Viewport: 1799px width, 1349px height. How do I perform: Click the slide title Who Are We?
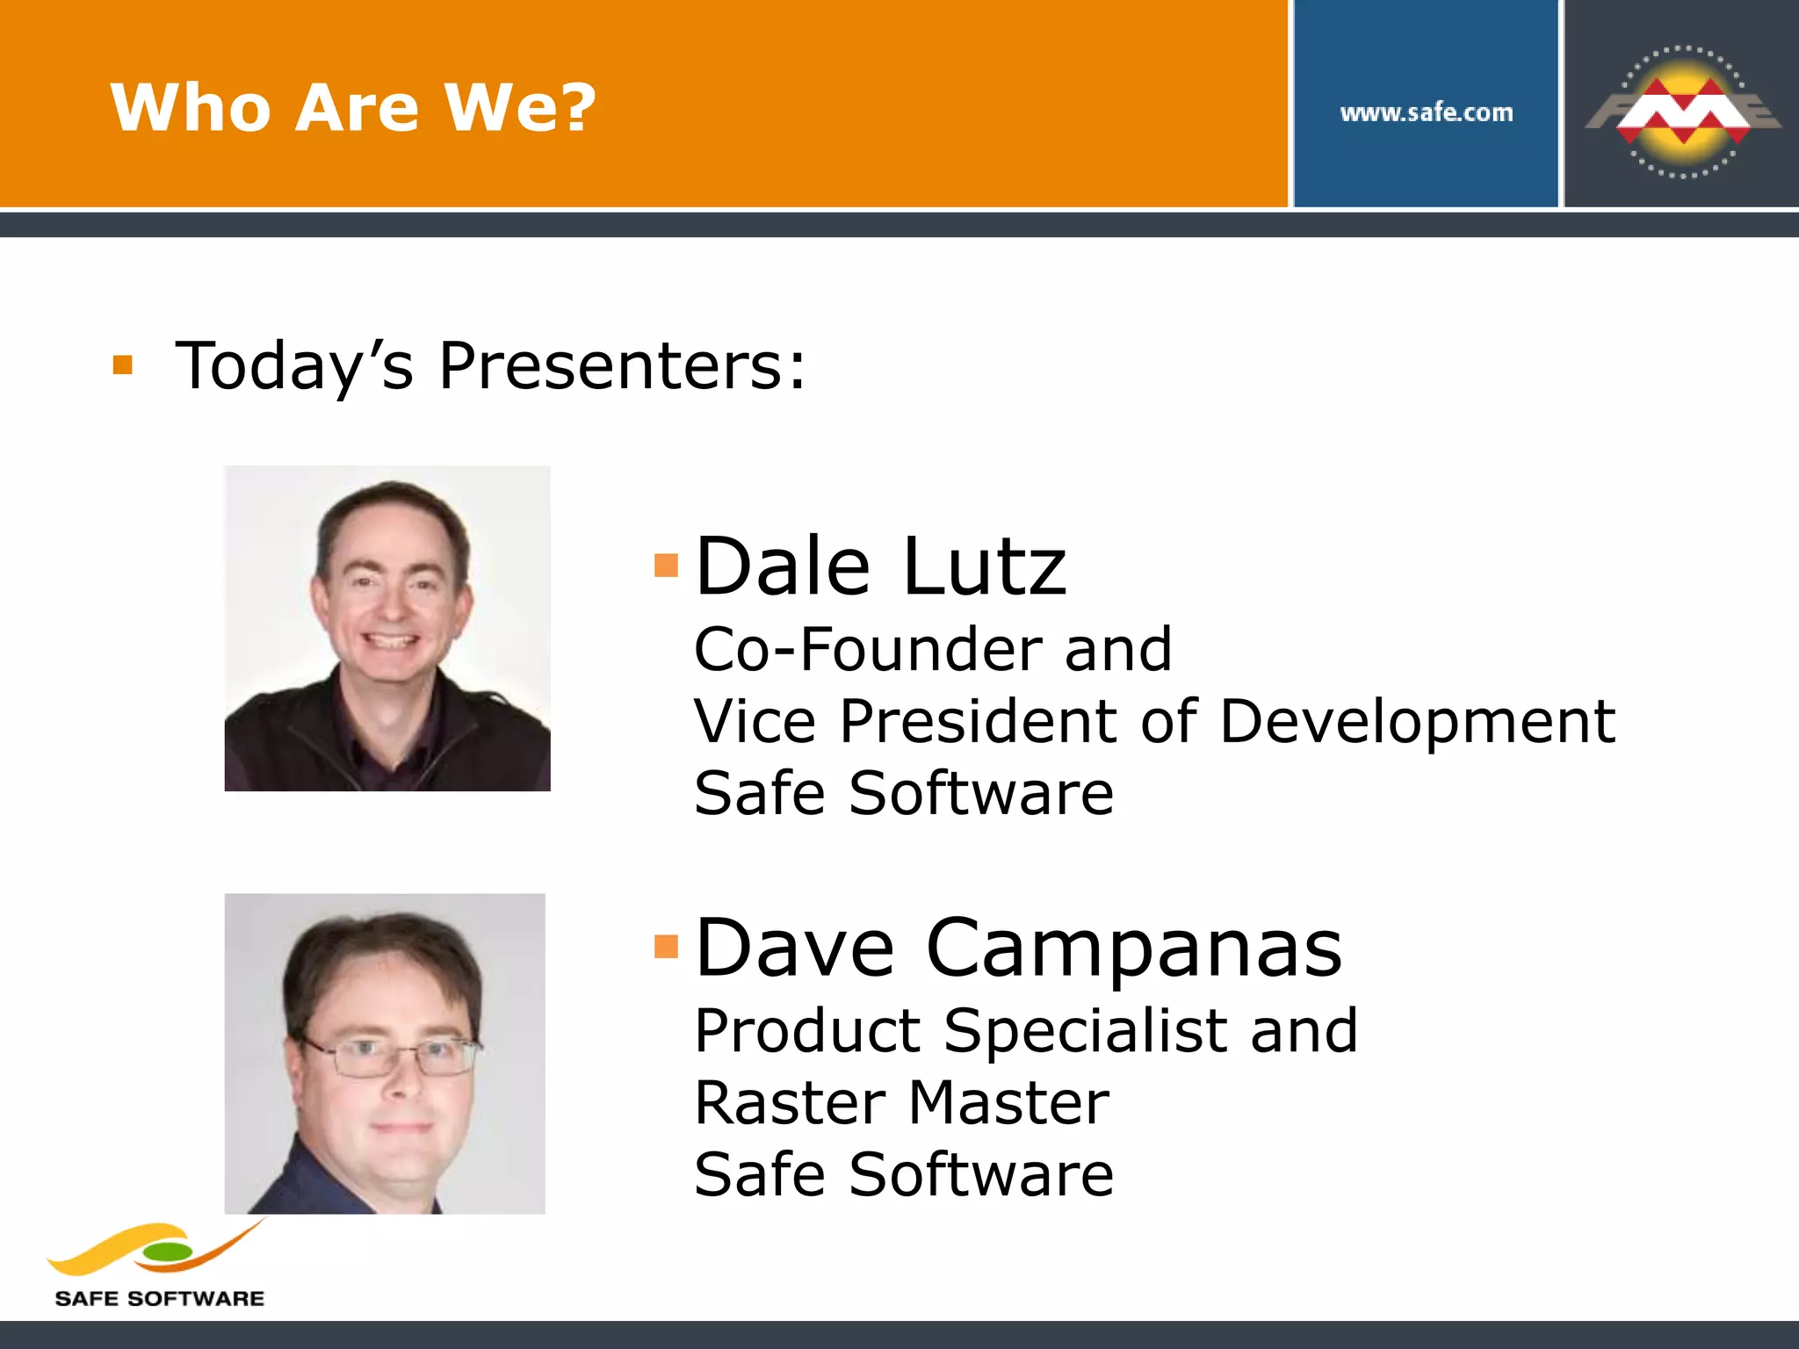pyautogui.click(x=353, y=108)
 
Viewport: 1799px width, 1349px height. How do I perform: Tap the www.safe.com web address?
pyautogui.click(x=1426, y=113)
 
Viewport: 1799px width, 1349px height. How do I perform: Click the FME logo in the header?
pyautogui.click(x=1682, y=112)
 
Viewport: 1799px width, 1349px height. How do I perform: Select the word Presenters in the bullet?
pyautogui.click(x=621, y=365)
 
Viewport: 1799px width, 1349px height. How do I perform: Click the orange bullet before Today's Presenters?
pyautogui.click(x=123, y=364)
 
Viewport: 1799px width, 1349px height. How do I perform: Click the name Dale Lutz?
pyautogui.click(x=880, y=566)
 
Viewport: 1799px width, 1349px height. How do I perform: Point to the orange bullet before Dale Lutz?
pyautogui.click(x=667, y=565)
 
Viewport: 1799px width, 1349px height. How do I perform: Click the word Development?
pyautogui.click(x=1417, y=722)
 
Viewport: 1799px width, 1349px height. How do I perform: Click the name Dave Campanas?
pyautogui.click(x=1018, y=948)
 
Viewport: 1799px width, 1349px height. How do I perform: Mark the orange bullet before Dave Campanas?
pyautogui.click(x=667, y=946)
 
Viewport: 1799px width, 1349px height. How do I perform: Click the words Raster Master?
pyautogui.click(x=901, y=1103)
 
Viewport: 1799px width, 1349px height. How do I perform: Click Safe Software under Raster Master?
pyautogui.click(x=903, y=1175)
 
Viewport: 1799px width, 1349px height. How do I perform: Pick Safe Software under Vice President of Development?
pyautogui.click(x=903, y=794)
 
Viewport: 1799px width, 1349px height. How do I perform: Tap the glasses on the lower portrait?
pyautogui.click(x=393, y=1057)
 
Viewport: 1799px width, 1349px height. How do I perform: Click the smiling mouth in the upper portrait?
pyautogui.click(x=392, y=640)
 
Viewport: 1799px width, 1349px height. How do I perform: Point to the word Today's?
pyautogui.click(x=293, y=365)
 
